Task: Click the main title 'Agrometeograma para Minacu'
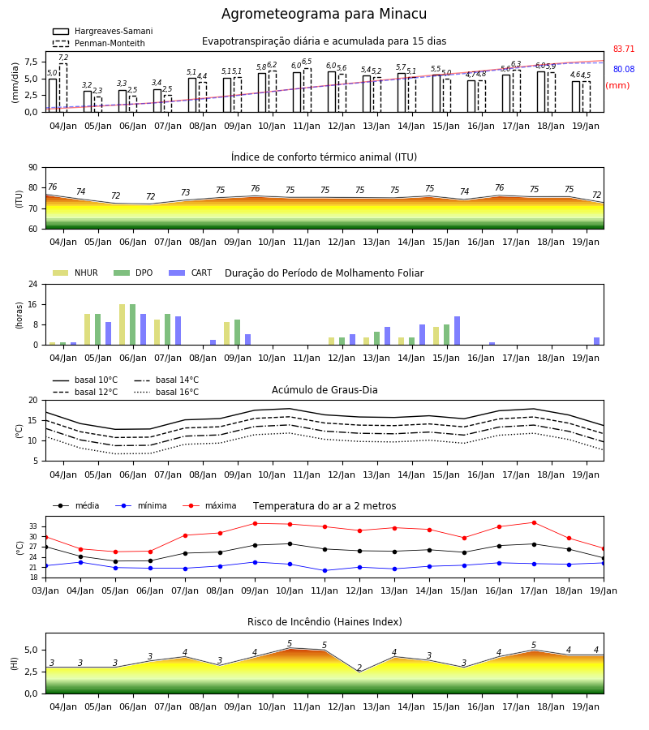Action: point(324,14)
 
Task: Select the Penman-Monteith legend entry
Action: point(99,43)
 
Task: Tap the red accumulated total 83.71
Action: point(624,49)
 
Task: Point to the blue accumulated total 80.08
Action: point(624,70)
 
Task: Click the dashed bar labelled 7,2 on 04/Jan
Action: point(63,88)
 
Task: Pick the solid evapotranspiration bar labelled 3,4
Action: point(157,101)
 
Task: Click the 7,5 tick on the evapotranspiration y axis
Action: point(32,62)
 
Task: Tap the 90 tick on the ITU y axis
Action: point(33,168)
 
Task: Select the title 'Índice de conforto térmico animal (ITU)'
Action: point(324,157)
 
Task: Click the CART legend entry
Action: point(191,273)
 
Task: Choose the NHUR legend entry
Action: point(75,273)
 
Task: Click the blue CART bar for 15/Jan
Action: point(458,331)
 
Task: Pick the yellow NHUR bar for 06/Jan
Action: point(122,324)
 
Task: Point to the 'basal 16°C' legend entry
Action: point(166,392)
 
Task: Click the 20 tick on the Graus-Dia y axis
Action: point(33,401)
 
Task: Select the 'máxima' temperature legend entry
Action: point(209,505)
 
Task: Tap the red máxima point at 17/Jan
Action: point(534,523)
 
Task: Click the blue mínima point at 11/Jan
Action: point(325,570)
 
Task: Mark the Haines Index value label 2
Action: point(359,668)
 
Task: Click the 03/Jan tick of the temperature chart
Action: point(45,590)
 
